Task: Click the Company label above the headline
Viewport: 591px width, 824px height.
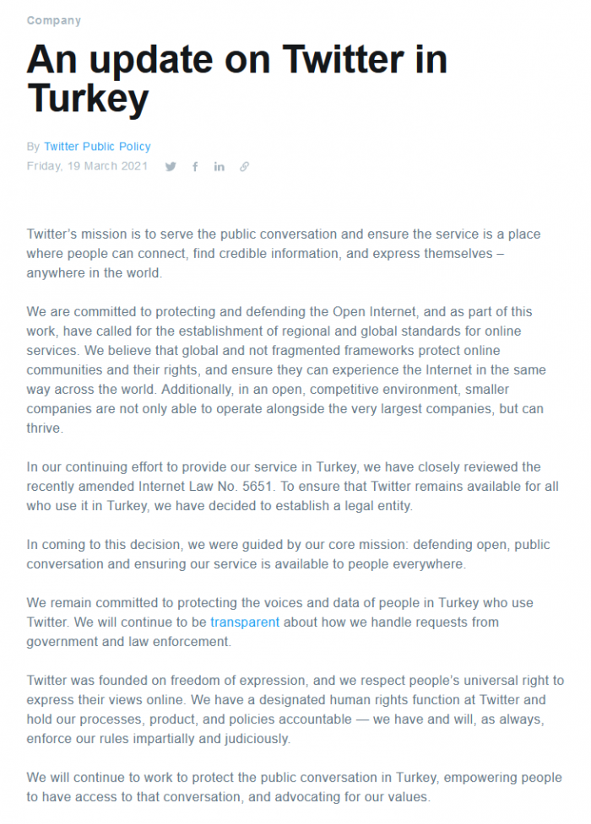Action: click(x=54, y=20)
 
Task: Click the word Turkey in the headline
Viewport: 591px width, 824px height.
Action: click(x=88, y=99)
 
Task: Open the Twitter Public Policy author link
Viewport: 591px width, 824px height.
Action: click(x=97, y=147)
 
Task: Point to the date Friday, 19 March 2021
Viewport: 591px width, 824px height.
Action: click(x=87, y=166)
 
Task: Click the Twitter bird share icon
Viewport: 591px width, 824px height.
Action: click(x=171, y=167)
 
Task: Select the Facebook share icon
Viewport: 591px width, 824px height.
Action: click(x=195, y=167)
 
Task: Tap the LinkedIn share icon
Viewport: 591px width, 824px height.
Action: click(x=220, y=167)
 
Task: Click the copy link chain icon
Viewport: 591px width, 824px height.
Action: click(x=244, y=167)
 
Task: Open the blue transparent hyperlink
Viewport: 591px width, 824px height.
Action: click(x=245, y=622)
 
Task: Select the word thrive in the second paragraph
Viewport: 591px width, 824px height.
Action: click(x=45, y=428)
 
